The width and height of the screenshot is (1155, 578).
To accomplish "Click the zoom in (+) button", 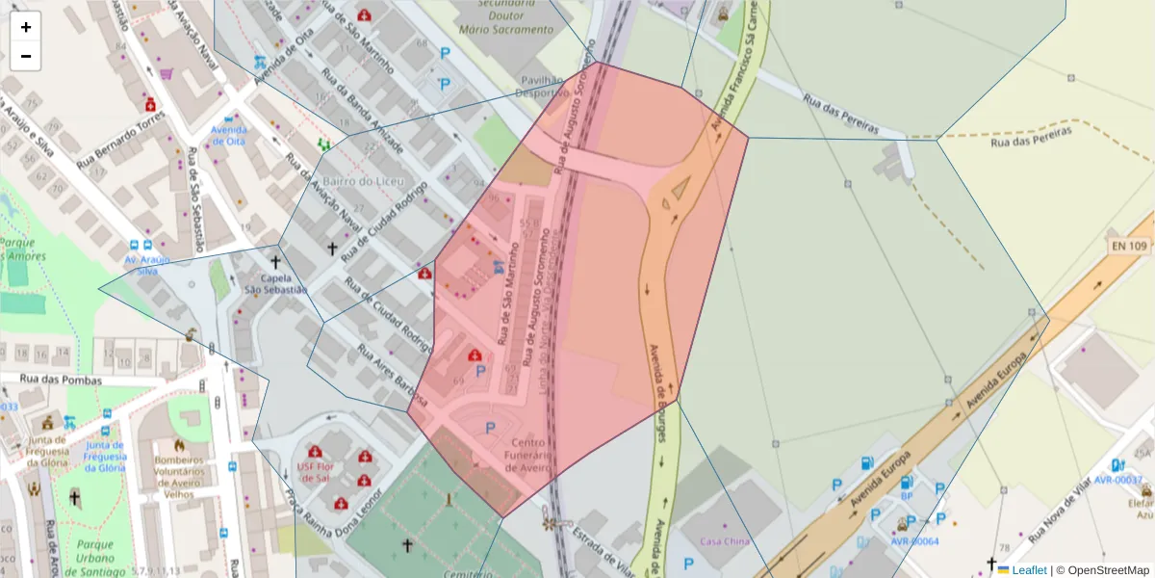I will click(x=26, y=27).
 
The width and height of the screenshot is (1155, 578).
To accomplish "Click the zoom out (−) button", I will click(x=26, y=56).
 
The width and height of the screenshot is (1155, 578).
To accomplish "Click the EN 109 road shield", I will click(x=1130, y=247).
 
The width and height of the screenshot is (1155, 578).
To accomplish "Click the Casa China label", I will click(x=724, y=541).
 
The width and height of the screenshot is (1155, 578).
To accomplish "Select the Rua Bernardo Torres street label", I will click(x=120, y=144).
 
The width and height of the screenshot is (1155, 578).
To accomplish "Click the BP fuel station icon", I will click(x=906, y=482).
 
